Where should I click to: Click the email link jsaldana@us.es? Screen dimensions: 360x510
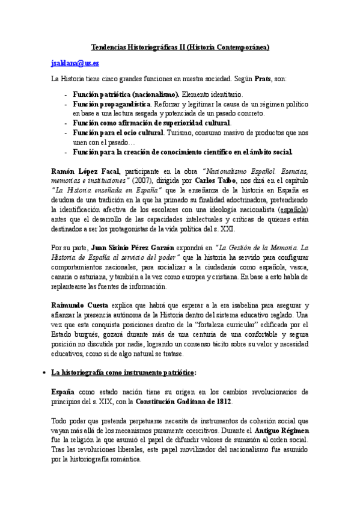click(75, 63)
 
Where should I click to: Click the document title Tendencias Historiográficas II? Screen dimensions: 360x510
click(180, 47)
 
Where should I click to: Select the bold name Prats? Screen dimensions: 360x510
click(262, 79)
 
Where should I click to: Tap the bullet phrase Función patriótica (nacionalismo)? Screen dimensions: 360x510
click(126, 95)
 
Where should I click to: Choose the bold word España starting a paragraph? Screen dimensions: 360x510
click(63, 392)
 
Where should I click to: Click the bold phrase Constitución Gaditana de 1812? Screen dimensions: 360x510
click(183, 401)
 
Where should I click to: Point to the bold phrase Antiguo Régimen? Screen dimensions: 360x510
click(281, 431)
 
